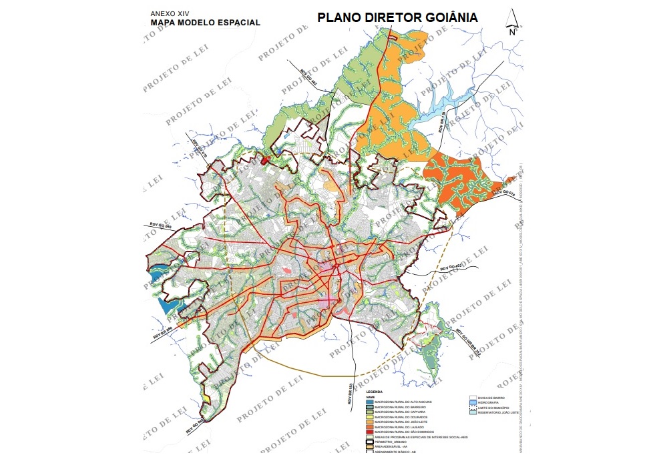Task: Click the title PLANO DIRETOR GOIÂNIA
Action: point(397,17)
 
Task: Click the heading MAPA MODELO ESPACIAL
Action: point(205,22)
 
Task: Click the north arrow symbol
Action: point(512,21)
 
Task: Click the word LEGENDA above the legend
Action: point(375,392)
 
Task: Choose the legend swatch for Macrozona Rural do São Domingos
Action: point(369,432)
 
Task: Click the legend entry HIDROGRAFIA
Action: point(493,402)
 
